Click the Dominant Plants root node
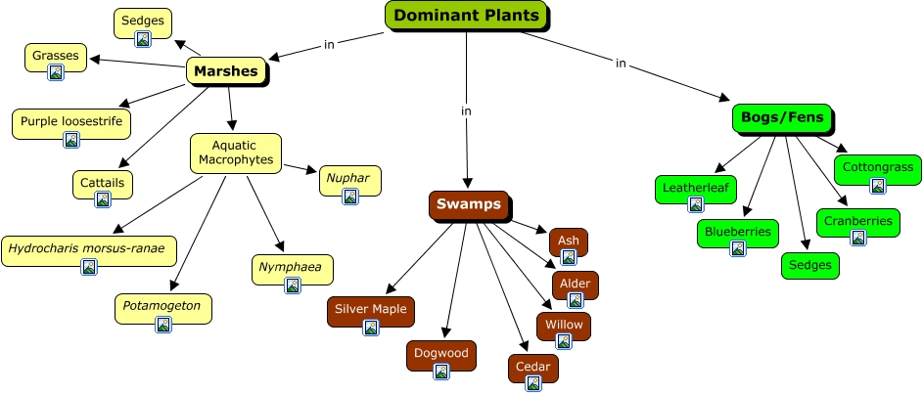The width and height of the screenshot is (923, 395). [466, 16]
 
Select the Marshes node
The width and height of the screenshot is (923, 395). [226, 70]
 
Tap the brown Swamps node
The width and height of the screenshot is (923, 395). [468, 205]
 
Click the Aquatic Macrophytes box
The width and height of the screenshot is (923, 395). [235, 152]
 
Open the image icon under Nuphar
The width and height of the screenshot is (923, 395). [349, 197]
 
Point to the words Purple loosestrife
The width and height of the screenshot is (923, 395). [70, 120]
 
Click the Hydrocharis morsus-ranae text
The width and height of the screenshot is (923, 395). [88, 247]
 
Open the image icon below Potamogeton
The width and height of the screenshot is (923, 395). [162, 325]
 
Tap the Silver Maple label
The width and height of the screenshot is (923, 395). [370, 309]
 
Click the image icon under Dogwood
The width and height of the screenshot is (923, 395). [440, 372]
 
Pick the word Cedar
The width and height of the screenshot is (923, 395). [533, 366]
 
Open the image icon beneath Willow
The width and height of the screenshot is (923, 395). [564, 341]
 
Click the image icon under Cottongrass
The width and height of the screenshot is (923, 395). [877, 186]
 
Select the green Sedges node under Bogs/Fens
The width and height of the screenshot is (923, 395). [810, 265]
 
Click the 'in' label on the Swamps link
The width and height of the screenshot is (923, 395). [467, 110]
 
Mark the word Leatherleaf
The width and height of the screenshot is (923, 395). [695, 187]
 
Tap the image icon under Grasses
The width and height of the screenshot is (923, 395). [56, 72]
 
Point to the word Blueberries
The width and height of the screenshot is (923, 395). [738, 232]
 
